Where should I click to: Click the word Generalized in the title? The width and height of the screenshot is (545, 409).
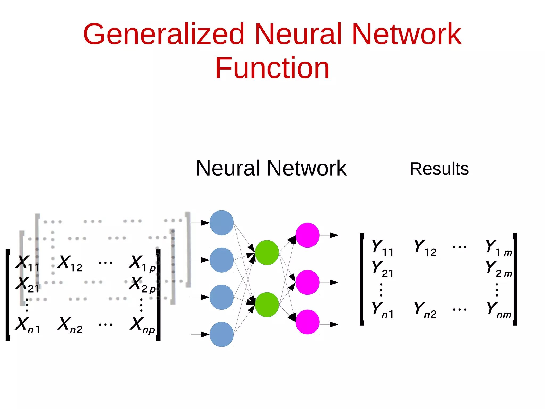tap(163, 34)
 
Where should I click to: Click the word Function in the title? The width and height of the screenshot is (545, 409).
tap(272, 68)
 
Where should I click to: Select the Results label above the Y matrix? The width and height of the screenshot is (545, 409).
tap(439, 169)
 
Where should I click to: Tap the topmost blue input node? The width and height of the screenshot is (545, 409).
tap(221, 223)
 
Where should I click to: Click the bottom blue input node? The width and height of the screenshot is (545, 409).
tap(221, 334)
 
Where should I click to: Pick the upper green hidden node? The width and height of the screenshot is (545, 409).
tap(267, 252)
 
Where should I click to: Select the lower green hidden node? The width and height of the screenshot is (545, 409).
tap(267, 304)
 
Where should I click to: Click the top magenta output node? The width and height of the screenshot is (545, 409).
tap(307, 235)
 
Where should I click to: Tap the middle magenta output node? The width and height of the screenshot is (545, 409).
tap(307, 282)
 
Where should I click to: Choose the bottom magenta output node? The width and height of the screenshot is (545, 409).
tap(307, 322)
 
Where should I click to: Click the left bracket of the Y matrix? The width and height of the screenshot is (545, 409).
tap(362, 279)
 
